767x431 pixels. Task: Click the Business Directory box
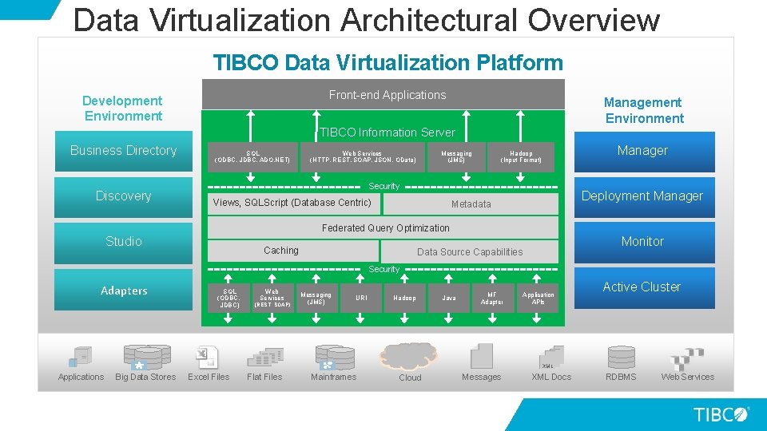[123, 151]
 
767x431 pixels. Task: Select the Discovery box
[123, 196]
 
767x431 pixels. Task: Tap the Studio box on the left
[123, 242]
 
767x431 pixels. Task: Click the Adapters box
[123, 291]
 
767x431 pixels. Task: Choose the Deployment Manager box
[642, 196]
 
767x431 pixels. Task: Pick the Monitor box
[642, 242]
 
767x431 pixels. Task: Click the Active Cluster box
[642, 287]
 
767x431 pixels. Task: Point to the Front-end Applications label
[387, 95]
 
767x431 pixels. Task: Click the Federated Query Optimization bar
[385, 228]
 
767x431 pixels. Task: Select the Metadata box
[471, 204]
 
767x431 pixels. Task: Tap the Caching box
[281, 251]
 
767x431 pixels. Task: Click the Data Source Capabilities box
[470, 252]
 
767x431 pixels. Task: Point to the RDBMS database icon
[621, 357]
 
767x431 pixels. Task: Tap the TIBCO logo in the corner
[721, 414]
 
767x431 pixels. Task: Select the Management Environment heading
[643, 110]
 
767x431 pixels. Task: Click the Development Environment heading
[122, 109]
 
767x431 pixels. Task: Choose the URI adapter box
[361, 298]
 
